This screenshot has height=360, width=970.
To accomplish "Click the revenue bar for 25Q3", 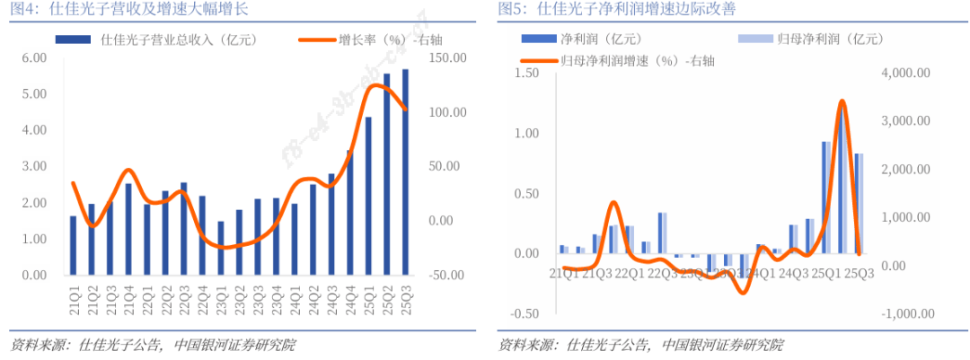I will pos(405,171).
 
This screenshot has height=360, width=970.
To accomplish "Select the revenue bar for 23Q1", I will pos(220,248).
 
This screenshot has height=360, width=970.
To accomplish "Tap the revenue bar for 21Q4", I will pos(128,229).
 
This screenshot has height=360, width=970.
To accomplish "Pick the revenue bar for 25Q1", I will pos(368,196).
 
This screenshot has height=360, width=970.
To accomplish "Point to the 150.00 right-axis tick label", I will pos(447,57).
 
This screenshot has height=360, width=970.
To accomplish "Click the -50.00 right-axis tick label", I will pos(447,276).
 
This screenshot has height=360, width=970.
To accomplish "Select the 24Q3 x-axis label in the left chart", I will pos(331,299).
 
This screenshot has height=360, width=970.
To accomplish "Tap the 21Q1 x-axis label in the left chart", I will pos(74,299).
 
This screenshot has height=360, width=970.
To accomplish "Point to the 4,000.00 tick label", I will pos(906,73).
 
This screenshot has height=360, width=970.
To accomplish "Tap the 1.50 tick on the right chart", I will pos(524,73).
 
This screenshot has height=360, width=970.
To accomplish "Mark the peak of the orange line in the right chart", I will pos(842,101).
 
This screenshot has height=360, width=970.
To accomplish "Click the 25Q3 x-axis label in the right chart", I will pos(859,272).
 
